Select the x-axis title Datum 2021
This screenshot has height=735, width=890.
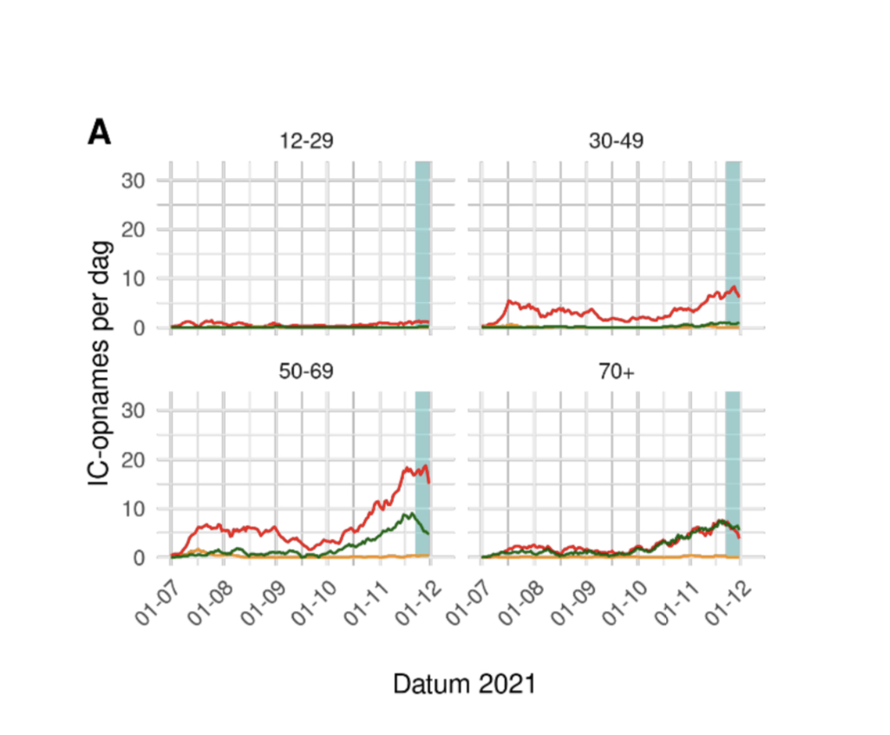click(464, 684)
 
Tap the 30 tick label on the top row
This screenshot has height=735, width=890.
click(143, 180)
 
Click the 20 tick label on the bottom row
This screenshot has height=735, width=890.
click(143, 459)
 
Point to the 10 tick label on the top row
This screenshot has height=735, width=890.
click(143, 279)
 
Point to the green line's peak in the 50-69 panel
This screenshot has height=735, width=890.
click(407, 513)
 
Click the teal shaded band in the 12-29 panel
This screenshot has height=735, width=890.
click(422, 243)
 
